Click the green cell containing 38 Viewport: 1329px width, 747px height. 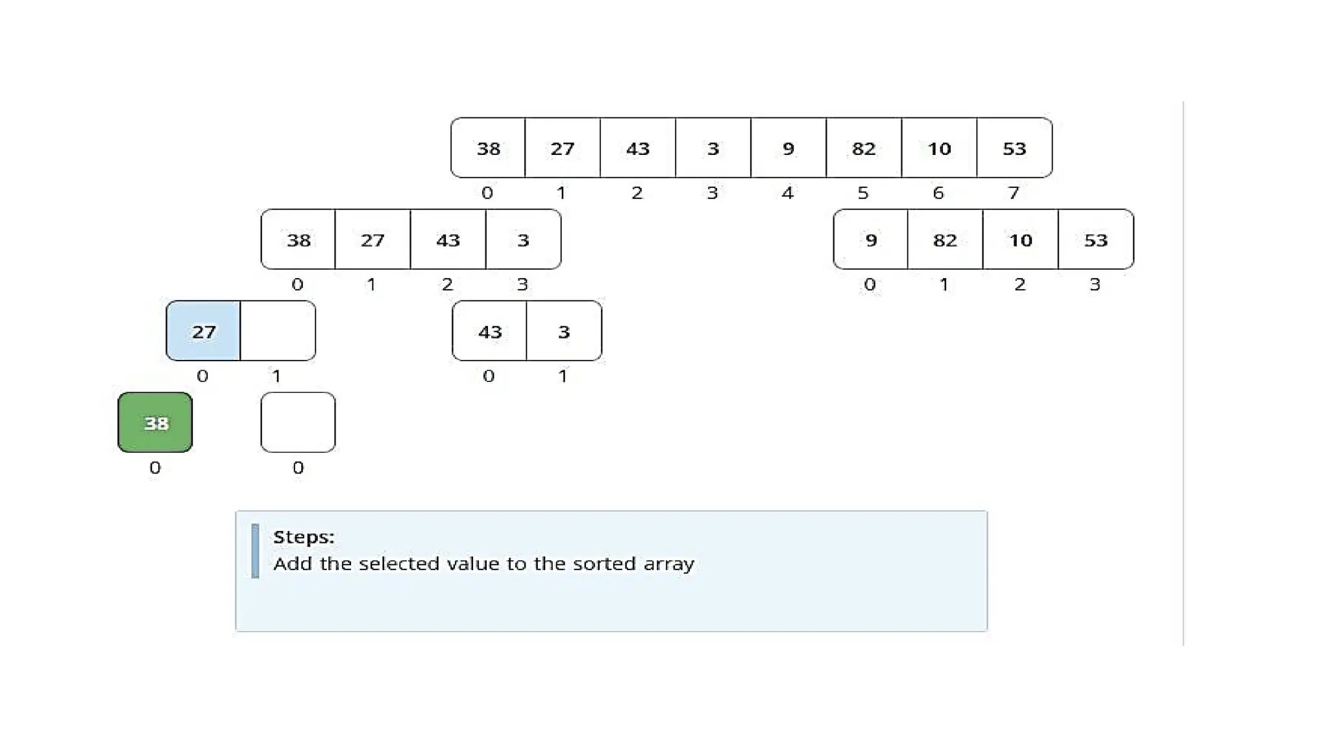coord(155,422)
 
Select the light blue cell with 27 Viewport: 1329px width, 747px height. coord(203,331)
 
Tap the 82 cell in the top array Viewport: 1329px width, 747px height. coord(863,148)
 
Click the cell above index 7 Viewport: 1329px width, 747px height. coord(1014,148)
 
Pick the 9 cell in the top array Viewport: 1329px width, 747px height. coord(788,148)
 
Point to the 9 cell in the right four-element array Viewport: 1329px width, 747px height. coord(871,239)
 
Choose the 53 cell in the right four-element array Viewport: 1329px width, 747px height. coord(1095,239)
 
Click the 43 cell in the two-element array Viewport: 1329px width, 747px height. coord(489,331)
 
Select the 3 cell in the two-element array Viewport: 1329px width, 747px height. coord(564,331)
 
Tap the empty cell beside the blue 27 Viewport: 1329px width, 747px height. coord(278,331)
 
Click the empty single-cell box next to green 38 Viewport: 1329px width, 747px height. coord(298,422)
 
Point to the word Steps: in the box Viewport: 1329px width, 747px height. coord(304,537)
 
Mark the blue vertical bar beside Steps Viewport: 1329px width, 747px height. coord(255,551)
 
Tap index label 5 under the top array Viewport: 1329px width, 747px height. coord(862,193)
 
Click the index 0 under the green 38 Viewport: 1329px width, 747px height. coord(154,468)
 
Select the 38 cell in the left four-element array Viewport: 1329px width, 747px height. coord(299,239)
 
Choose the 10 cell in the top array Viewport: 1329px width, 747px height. coord(938,148)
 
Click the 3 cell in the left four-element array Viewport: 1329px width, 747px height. coord(523,239)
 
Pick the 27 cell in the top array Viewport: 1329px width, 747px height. coord(562,148)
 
